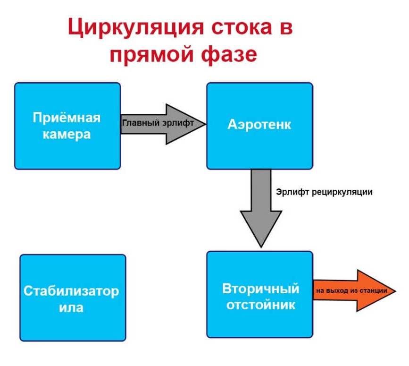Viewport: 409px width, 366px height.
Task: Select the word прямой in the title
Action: coord(153,54)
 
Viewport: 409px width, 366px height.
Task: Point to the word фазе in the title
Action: coord(231,54)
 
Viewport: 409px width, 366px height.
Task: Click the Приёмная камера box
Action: coord(67,142)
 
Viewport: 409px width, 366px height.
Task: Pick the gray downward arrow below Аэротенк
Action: coord(261,208)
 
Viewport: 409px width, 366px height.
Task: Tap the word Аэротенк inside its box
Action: coord(259,125)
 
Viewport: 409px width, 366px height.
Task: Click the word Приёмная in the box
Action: coord(67,118)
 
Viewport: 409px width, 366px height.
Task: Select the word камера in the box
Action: coord(67,134)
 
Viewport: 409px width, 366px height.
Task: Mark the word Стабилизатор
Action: coord(72,291)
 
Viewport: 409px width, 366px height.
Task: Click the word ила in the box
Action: coord(71,308)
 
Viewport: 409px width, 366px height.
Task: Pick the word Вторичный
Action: coord(261,289)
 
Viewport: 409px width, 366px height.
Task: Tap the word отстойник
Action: coord(261,305)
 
